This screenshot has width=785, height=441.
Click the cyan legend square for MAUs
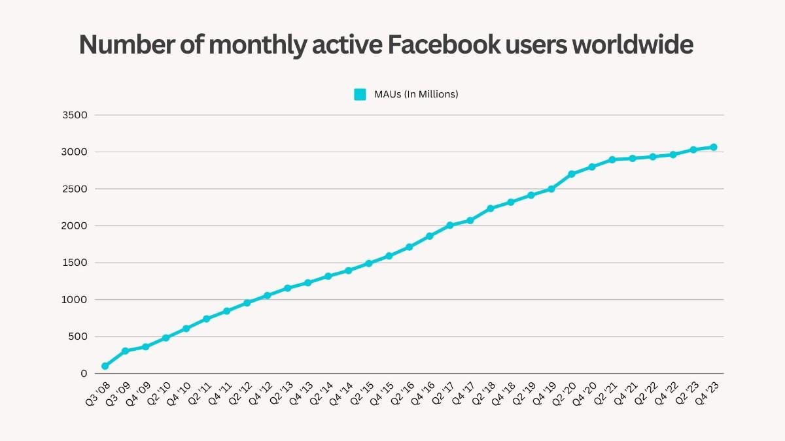tap(360, 94)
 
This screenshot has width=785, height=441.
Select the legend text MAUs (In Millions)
tap(416, 94)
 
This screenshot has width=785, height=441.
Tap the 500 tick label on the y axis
tap(78, 337)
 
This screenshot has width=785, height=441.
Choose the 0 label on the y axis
tap(83, 374)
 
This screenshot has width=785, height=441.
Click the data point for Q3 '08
tap(105, 366)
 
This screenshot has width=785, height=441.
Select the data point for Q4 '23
tap(714, 147)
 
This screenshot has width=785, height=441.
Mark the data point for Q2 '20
tap(572, 174)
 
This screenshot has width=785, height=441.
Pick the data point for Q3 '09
tap(125, 351)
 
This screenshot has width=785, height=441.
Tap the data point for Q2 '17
tap(449, 225)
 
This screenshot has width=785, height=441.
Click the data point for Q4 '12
tap(267, 295)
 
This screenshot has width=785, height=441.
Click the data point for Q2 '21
tap(612, 159)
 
